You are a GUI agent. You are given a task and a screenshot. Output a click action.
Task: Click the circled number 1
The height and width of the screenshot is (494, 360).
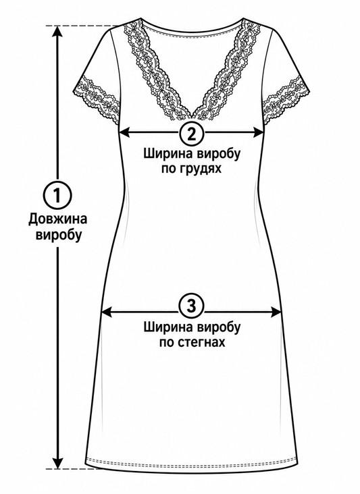tap(57, 195)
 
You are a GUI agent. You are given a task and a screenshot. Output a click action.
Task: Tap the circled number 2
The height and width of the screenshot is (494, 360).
tap(192, 133)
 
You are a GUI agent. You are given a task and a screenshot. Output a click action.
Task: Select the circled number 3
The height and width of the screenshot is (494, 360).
tap(192, 306)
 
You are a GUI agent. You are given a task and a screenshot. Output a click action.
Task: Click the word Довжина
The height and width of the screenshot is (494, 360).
tap(57, 219)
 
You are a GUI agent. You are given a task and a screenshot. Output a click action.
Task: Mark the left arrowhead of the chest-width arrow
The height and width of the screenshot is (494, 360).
tap(124, 133)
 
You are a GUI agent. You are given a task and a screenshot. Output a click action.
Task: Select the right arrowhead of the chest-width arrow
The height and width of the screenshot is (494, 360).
tap(257, 133)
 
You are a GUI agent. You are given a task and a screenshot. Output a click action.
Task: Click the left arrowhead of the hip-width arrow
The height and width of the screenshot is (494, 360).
tap(107, 312)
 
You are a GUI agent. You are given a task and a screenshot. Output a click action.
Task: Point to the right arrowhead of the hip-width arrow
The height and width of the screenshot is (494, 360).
tap(276, 312)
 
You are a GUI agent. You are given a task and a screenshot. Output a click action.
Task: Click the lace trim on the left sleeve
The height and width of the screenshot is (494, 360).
tap(97, 99)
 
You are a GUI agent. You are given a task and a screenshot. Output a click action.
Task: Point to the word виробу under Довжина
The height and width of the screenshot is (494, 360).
tap(58, 235)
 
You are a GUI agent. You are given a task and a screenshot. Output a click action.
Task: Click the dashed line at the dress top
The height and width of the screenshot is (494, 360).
tap(82, 26)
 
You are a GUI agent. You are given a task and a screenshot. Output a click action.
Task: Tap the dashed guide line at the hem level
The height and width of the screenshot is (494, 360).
tap(72, 469)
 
